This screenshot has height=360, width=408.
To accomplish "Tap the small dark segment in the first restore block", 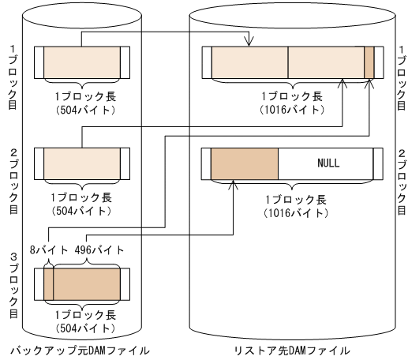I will (x=369, y=62).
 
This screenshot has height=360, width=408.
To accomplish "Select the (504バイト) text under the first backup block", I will (x=82, y=109).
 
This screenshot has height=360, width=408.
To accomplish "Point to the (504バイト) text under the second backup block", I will (x=82, y=212).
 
